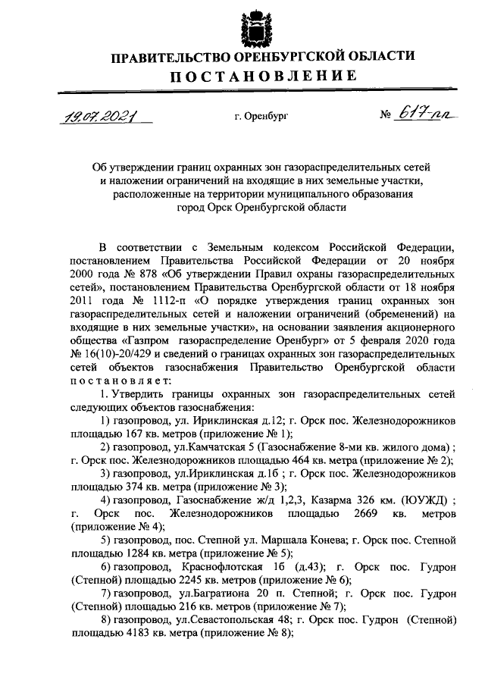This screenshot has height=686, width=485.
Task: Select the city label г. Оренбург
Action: pos(261,117)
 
